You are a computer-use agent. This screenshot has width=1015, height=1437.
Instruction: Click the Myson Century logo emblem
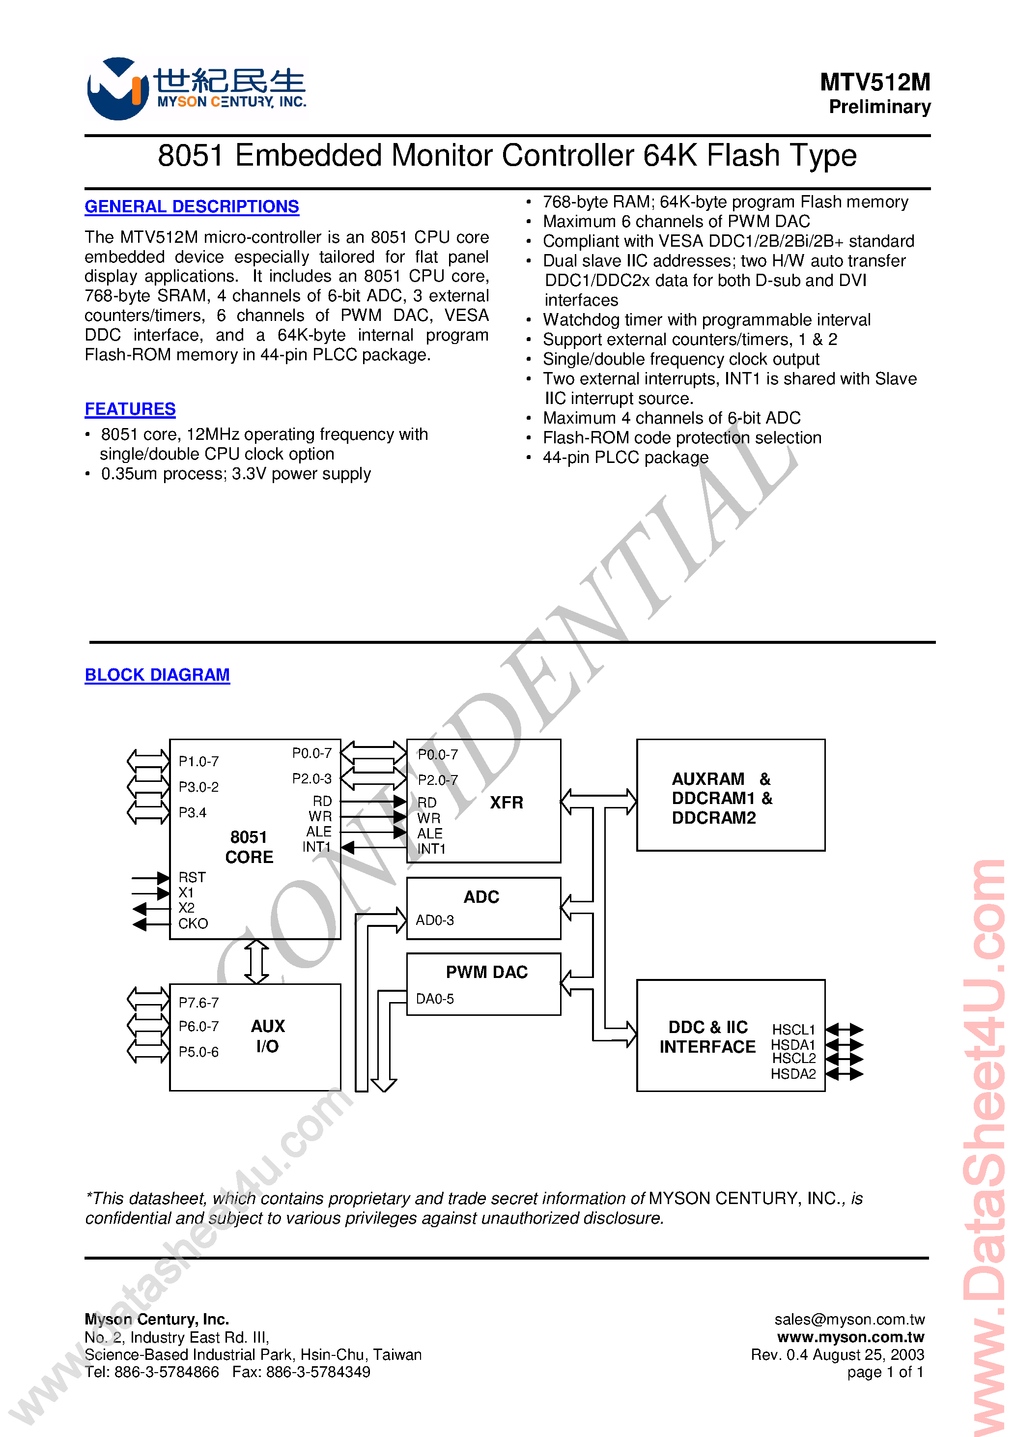coord(116,89)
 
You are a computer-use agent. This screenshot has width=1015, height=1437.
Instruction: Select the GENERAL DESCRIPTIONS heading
coord(192,206)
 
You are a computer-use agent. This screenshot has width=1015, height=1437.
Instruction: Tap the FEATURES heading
coord(130,409)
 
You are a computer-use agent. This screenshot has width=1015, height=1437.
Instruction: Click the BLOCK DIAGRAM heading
coord(157,675)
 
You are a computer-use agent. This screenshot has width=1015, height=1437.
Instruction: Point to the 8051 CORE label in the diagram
coord(249,847)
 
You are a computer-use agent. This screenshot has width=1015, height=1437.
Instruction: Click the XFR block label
coord(506,803)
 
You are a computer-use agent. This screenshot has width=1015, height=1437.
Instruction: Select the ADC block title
coord(481,897)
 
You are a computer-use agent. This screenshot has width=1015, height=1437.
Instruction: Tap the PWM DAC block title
coord(486,972)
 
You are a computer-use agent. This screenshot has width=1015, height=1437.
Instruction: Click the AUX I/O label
coord(268,1036)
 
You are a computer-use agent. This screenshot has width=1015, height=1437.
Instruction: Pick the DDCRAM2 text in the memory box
coord(713,818)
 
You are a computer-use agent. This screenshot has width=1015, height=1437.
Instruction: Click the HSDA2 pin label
coord(793,1074)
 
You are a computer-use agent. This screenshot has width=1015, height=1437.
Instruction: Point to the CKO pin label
coord(193,924)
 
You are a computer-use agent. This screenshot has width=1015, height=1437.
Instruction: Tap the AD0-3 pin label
coord(435,920)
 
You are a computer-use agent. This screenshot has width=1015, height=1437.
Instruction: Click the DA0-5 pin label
coord(435,999)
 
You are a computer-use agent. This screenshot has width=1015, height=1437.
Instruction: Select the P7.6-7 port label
coord(198,1003)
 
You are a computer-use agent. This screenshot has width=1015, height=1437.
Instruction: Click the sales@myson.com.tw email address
coord(849,1320)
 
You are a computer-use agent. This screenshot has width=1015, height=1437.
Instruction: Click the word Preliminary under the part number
coord(879,107)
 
